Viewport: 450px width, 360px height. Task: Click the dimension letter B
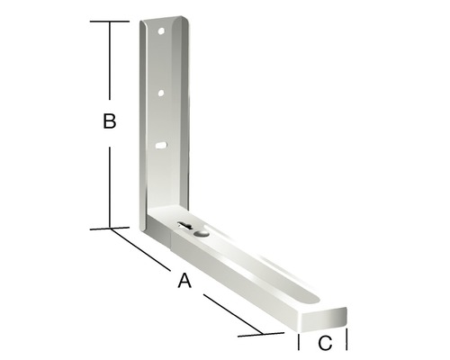(109, 121)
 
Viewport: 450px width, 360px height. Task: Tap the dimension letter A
(184, 281)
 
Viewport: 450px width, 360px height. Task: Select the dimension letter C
(325, 342)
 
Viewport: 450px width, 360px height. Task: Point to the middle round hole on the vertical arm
(161, 91)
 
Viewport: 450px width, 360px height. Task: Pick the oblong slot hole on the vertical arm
(160, 143)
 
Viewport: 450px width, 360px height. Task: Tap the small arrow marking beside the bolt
(185, 226)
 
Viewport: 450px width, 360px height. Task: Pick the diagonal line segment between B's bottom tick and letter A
(144, 251)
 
